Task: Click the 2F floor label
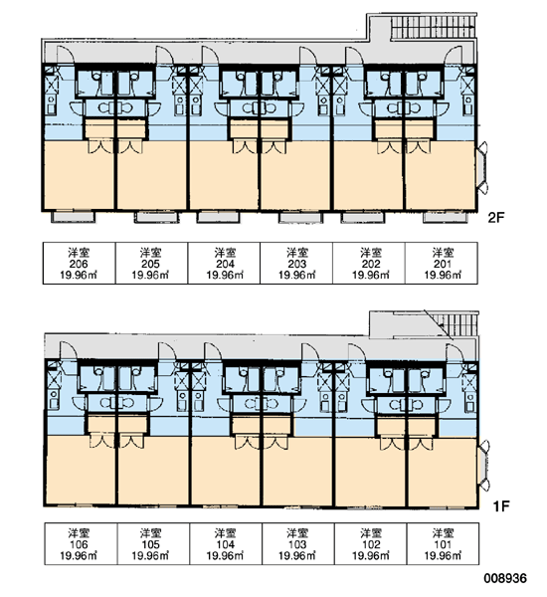496,217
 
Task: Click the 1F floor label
500,506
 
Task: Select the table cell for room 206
80,263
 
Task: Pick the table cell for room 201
442,263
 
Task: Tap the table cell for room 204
224,263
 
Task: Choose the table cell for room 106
82,543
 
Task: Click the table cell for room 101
443,543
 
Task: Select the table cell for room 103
298,543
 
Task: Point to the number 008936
505,579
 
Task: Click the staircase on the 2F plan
434,27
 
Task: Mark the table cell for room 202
369,263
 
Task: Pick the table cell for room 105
153,543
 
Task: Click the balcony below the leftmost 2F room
73,217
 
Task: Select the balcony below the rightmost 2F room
446,217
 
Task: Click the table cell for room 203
296,263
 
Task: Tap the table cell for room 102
370,543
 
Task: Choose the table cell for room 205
151,263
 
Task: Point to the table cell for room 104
226,543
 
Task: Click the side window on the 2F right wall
482,168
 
